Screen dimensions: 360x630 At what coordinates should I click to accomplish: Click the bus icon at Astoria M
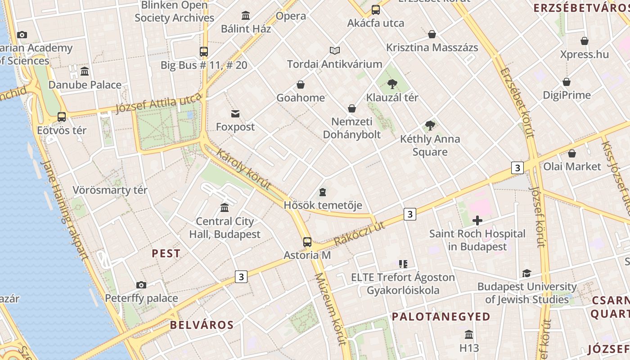(307, 242)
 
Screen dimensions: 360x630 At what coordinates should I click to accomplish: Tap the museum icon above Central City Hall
(225, 207)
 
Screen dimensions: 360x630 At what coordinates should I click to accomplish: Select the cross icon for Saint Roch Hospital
(477, 220)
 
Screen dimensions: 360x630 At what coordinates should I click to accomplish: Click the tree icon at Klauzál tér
(392, 84)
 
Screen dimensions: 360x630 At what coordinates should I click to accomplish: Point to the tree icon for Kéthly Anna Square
(430, 126)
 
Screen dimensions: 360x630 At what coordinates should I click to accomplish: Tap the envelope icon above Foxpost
(235, 113)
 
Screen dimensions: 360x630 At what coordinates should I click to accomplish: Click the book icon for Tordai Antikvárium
(335, 50)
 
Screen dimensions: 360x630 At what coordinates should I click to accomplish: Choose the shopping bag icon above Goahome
(301, 85)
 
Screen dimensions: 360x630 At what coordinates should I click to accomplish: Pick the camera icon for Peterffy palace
(141, 285)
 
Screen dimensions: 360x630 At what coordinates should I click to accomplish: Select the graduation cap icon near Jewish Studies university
(526, 273)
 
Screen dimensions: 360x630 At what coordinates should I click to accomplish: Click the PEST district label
(166, 253)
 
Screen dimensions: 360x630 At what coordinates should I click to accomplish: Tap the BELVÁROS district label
(202, 325)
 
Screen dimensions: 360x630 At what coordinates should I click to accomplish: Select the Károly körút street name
(243, 169)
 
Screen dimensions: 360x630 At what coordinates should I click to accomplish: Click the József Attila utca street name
(158, 103)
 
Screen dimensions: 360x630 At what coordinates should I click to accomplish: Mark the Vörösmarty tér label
(110, 190)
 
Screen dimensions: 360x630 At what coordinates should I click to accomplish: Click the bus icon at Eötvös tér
(62, 117)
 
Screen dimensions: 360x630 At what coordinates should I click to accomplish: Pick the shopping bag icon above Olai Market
(572, 153)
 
